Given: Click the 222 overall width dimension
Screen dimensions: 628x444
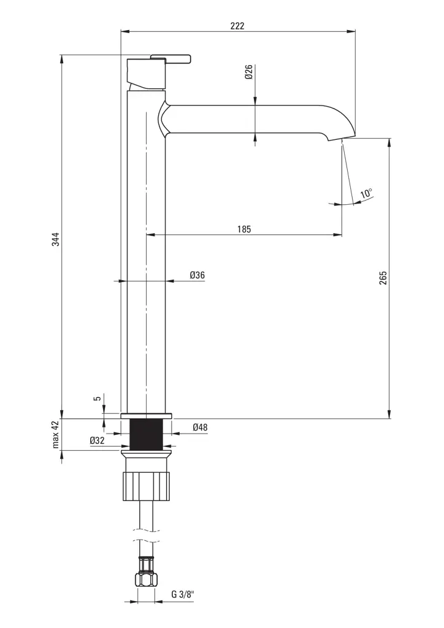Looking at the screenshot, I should coord(237,26).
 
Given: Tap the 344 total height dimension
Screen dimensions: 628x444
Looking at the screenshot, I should coord(55,239).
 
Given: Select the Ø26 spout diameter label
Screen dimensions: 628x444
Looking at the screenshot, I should coord(249,73).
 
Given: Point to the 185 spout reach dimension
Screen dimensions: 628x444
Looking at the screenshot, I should coord(243,229).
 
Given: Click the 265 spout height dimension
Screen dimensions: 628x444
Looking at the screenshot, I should coord(383,278).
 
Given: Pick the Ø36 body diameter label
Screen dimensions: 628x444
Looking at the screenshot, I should coord(196,275).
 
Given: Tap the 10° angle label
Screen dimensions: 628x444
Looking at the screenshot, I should coord(366,194).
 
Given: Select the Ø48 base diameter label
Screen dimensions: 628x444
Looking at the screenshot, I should coord(199,427).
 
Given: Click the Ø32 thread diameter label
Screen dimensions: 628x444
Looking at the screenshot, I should coord(97,440).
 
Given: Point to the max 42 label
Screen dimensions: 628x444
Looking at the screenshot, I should coord(56,434).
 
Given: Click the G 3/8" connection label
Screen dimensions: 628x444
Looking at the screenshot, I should coord(182,594).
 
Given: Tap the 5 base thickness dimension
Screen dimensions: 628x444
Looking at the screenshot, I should coord(98,398).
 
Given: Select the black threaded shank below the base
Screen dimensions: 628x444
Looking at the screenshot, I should coord(147,434).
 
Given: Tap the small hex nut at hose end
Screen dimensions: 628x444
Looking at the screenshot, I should coord(147,580).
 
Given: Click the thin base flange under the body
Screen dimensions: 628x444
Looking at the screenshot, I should coord(147,416).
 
